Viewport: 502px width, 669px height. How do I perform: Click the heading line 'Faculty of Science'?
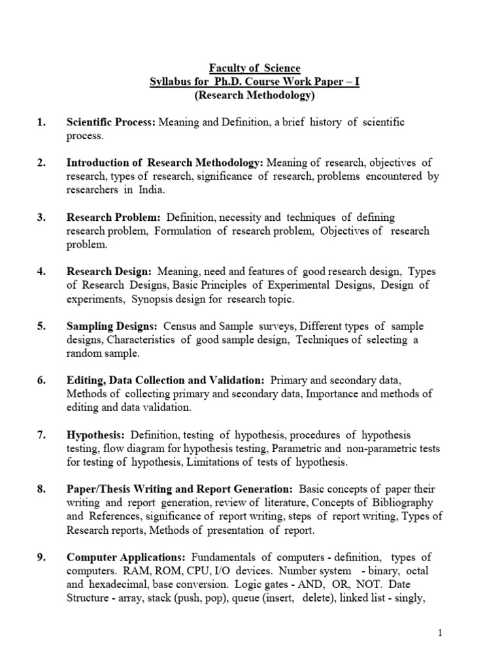pyautogui.click(x=254, y=68)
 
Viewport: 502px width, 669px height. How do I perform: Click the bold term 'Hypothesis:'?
pyautogui.click(x=95, y=434)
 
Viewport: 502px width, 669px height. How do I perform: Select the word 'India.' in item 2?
pyautogui.click(x=149, y=190)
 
